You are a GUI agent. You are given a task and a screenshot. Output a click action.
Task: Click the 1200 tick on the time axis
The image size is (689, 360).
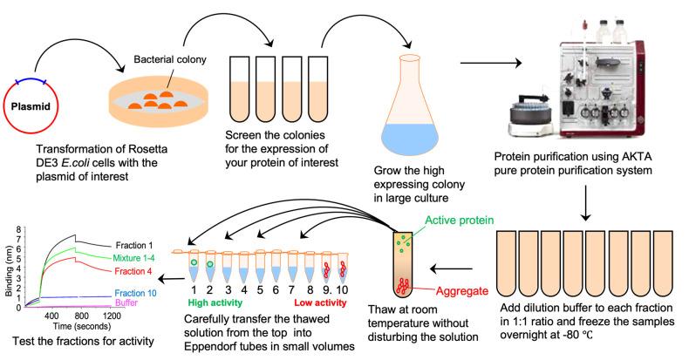[112, 315]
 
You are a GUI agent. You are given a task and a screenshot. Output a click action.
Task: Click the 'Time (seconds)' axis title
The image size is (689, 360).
[74, 324]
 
